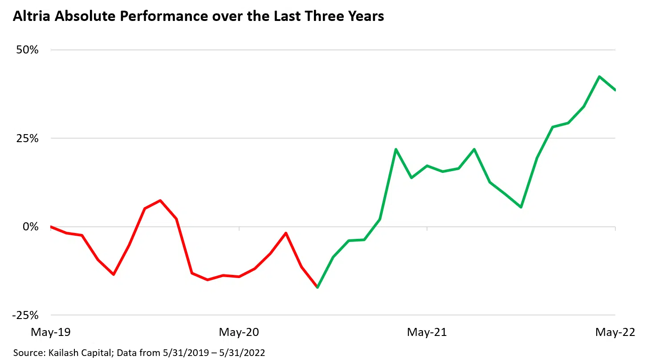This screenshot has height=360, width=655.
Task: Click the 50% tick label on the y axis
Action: tap(28, 50)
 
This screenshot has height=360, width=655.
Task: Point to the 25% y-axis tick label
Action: tap(28, 138)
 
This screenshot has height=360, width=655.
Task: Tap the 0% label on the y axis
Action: tap(31, 227)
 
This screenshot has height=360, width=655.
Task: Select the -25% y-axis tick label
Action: tap(26, 315)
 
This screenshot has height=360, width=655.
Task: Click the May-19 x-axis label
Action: tap(50, 332)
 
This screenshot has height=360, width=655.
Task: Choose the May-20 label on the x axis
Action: tap(239, 332)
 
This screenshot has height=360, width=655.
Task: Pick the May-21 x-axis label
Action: tap(427, 332)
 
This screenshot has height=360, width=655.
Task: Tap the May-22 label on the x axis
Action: tap(615, 332)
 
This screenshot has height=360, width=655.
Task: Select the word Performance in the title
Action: tap(145, 17)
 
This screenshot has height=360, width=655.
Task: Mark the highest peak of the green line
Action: tap(599, 77)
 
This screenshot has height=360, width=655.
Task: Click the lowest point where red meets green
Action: tap(317, 287)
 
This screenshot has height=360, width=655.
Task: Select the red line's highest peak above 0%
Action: tap(160, 200)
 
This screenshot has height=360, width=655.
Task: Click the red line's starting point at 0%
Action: tap(50, 227)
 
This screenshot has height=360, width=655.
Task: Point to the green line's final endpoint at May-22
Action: tap(615, 90)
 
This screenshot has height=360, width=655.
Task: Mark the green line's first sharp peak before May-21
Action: tap(396, 149)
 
